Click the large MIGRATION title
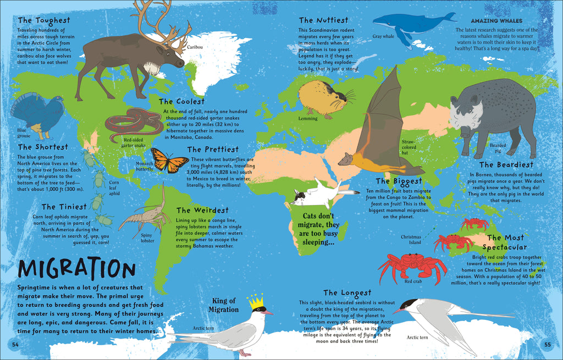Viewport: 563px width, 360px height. [x=76, y=269]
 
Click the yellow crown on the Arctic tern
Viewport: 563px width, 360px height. [x=256, y=301]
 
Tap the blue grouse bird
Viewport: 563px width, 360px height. [x=37, y=113]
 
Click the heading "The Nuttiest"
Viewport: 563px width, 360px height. [x=323, y=20]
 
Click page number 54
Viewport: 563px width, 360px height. [x=15, y=345]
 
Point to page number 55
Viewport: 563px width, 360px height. [x=547, y=345]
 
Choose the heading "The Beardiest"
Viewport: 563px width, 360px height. [x=506, y=164]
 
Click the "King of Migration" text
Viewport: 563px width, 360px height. [x=224, y=305]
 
